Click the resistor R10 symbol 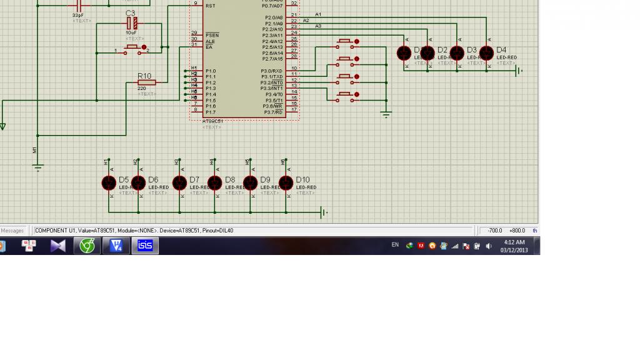pos(145,82)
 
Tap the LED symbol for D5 pos(109,182)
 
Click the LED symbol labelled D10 pos(286,182)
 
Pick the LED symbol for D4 pos(486,53)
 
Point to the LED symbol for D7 pos(179,182)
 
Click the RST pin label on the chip pos(210,6)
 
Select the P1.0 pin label pos(211,71)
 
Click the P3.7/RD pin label pos(272,112)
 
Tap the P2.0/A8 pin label pos(274,17)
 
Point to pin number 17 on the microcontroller pos(294,110)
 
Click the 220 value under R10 pos(142,89)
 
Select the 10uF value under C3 pos(131,32)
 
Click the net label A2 pos(306,21)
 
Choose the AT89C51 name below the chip pos(212,121)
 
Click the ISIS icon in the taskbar pos(145,246)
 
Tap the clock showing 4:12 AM pos(514,242)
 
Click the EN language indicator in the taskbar pos(395,245)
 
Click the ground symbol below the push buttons pos(386,114)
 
